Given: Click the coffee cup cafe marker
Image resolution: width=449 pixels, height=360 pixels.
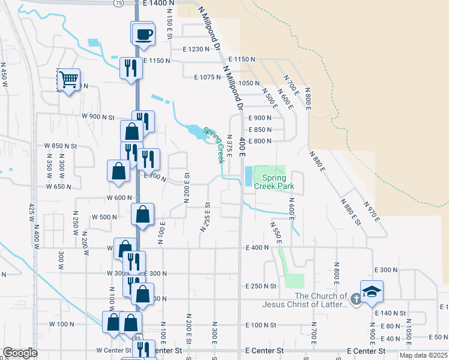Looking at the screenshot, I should [143, 34].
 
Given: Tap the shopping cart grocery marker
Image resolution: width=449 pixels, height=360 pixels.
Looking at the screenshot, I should [68, 79].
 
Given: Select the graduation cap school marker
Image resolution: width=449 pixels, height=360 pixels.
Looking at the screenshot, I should [372, 292].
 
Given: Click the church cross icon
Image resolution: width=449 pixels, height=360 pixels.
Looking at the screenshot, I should [355, 298].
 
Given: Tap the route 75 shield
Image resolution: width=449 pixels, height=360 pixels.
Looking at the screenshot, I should [119, 4].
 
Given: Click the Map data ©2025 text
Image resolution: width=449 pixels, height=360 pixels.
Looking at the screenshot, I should [423, 355].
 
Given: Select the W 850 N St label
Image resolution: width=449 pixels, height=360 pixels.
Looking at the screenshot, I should [61, 146].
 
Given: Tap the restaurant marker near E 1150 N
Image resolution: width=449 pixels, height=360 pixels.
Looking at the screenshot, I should [130, 67].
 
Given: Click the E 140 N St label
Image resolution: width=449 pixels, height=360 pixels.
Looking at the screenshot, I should [390, 313].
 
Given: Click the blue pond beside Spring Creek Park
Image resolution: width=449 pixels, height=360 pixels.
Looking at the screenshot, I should [249, 176].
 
